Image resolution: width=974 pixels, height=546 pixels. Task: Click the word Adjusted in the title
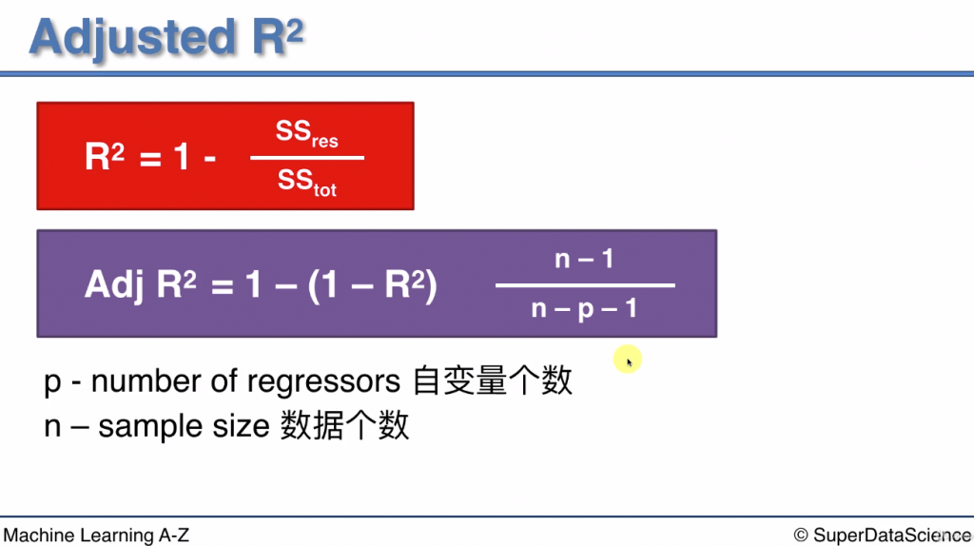click(132, 37)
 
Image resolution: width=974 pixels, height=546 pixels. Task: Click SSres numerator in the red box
click(306, 134)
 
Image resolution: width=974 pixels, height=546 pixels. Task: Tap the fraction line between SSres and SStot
click(307, 158)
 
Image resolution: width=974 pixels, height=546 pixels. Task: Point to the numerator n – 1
click(584, 259)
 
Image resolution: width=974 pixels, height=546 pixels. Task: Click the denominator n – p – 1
click(584, 308)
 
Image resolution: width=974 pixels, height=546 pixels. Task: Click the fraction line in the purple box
click(584, 284)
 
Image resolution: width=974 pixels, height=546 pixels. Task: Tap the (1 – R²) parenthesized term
click(373, 284)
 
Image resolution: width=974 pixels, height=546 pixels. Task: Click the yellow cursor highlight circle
click(627, 361)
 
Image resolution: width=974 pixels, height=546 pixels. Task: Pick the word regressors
click(323, 381)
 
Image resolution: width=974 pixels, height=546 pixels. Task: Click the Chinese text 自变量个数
click(493, 380)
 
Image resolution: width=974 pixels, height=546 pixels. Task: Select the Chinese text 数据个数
click(344, 425)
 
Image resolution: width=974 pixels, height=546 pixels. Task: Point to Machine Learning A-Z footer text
click(96, 536)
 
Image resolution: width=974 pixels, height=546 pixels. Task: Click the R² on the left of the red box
click(105, 157)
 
